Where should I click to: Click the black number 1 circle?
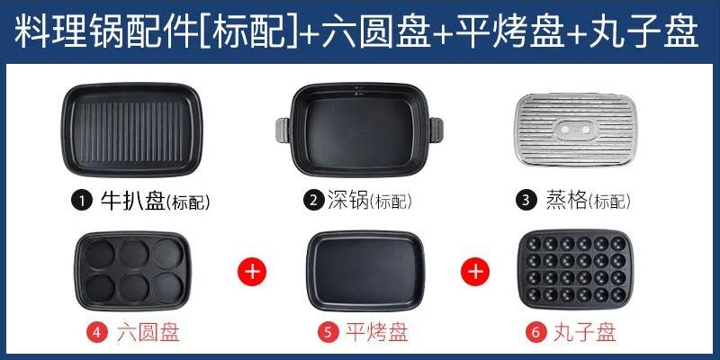84,201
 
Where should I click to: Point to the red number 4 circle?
98,332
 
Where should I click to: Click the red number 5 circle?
329,332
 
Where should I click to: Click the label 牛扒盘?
135,201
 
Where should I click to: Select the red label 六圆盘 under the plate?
148,332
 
